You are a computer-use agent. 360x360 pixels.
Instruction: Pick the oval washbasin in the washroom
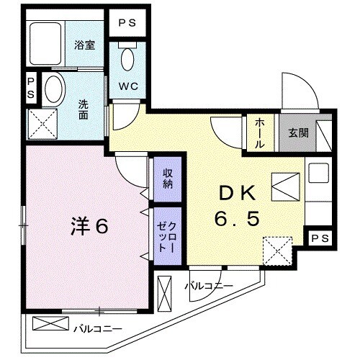[x=53, y=90]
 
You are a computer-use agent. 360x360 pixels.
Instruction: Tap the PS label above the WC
[x=127, y=22]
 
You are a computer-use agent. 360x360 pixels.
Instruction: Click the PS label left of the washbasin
[x=31, y=89]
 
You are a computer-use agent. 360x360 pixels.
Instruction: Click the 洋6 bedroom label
[x=90, y=226]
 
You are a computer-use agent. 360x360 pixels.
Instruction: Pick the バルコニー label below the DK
[x=208, y=287]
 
